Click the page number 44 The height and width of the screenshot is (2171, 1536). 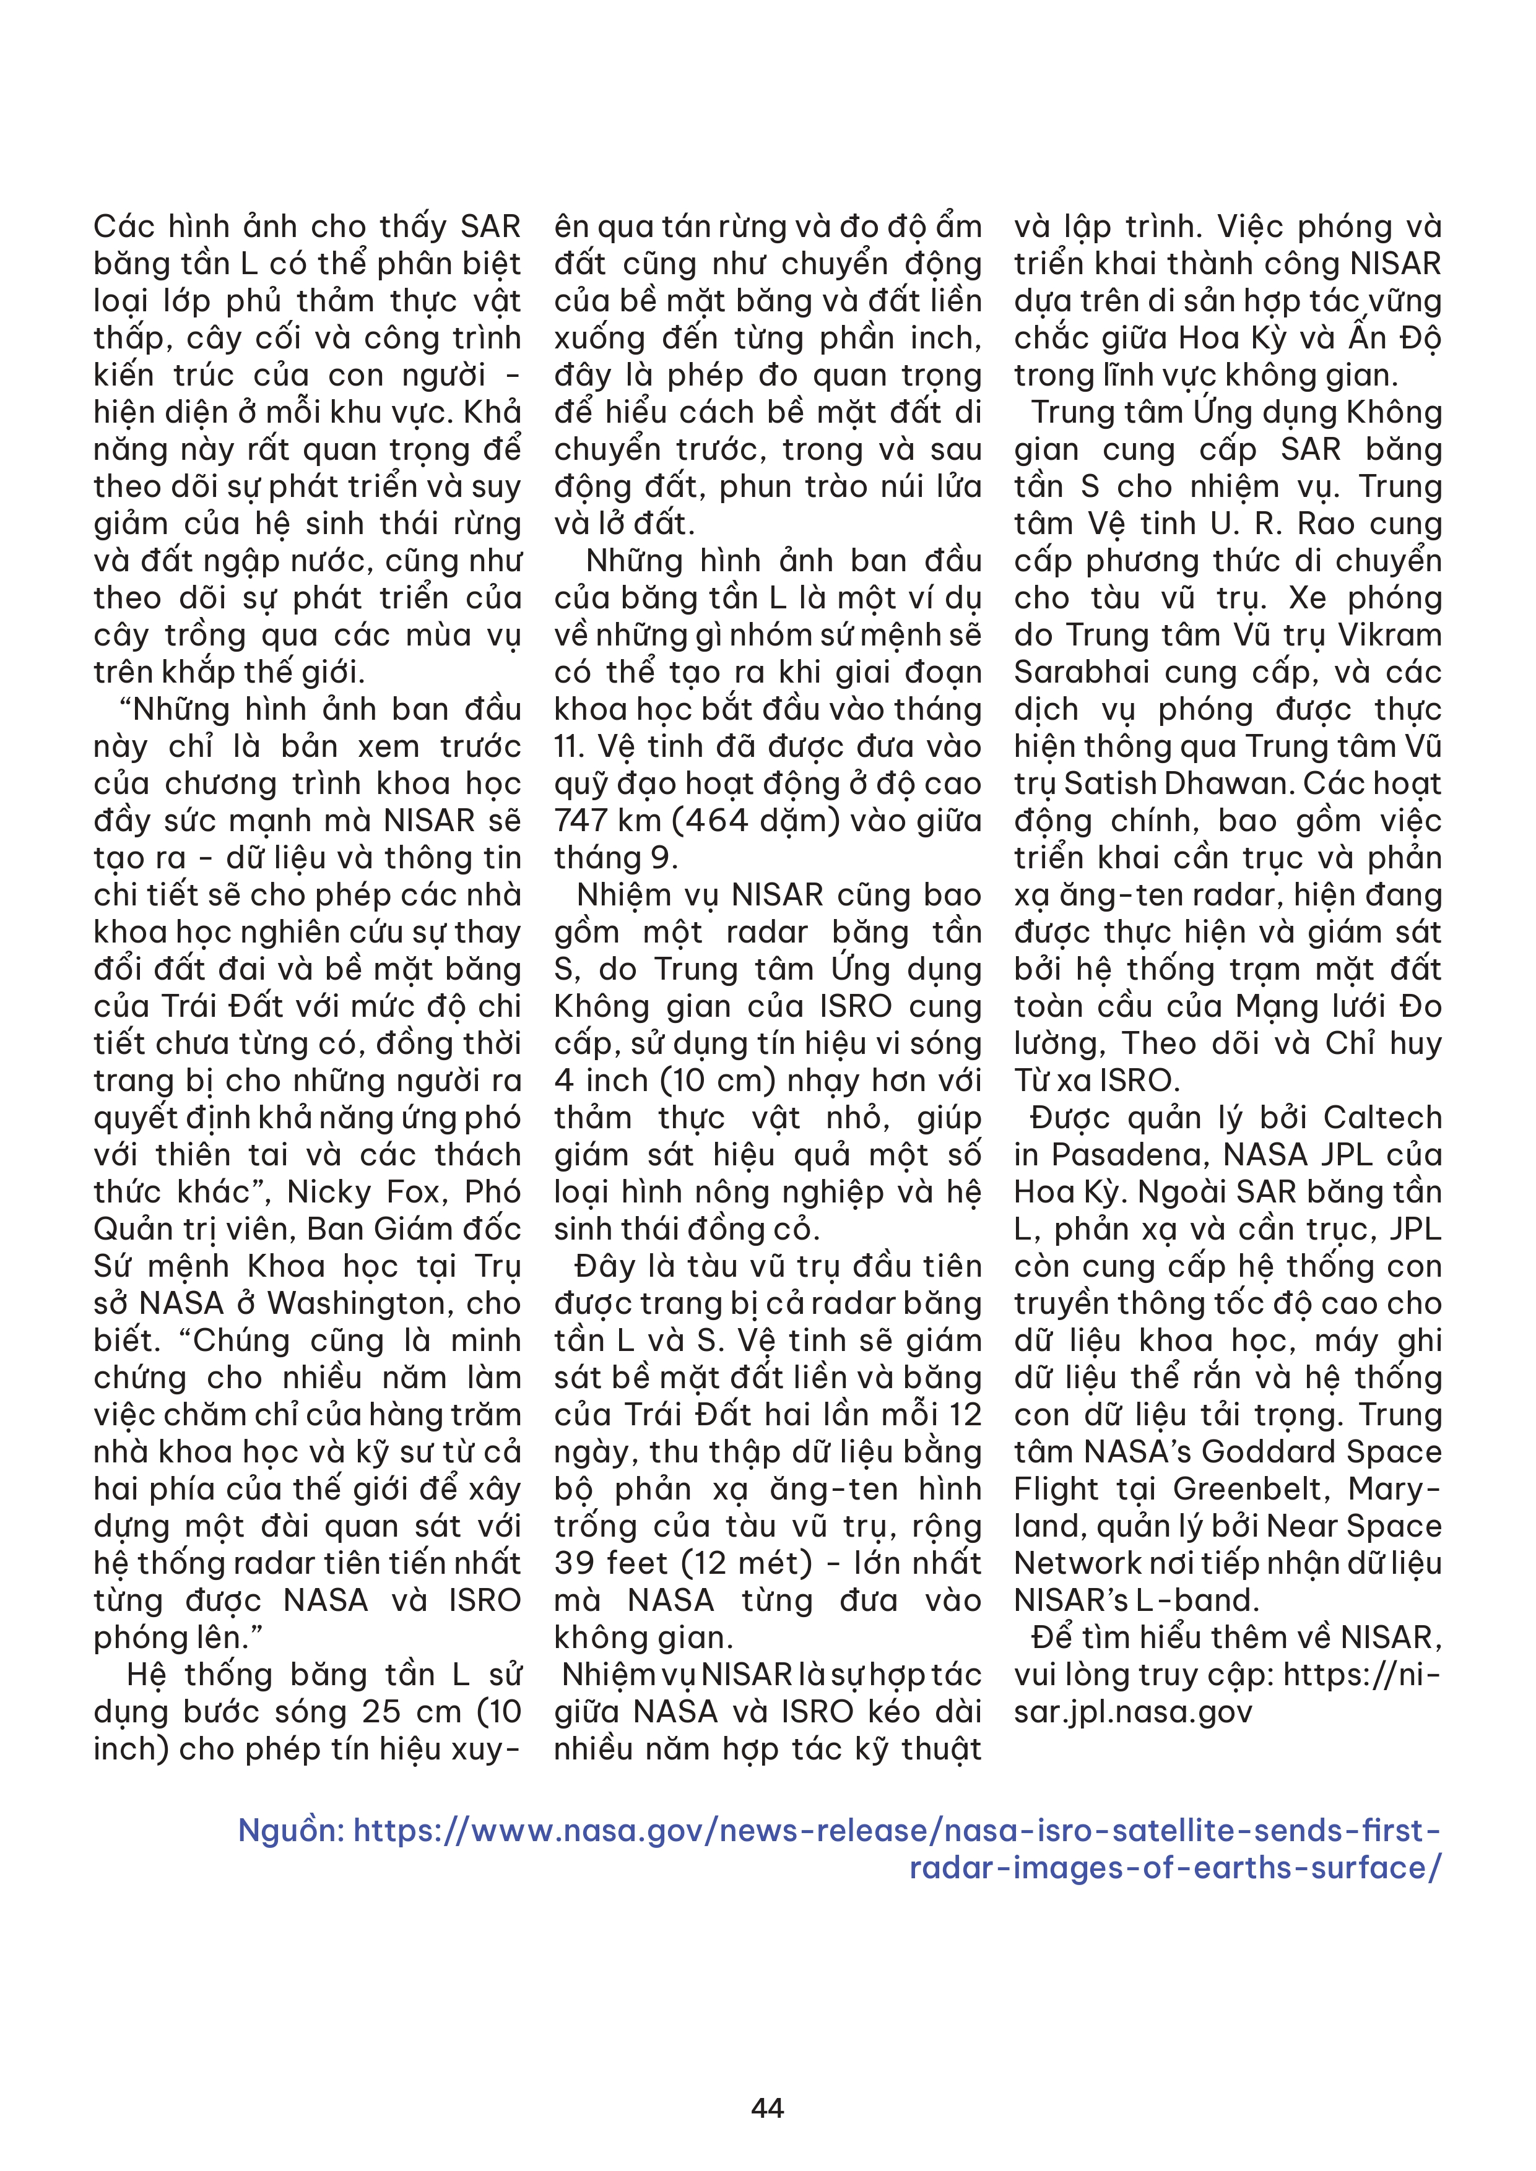(767, 2108)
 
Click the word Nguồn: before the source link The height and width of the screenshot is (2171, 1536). (290, 1831)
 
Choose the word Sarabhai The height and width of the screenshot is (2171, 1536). (1066, 672)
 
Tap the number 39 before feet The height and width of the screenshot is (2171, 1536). (576, 1563)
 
